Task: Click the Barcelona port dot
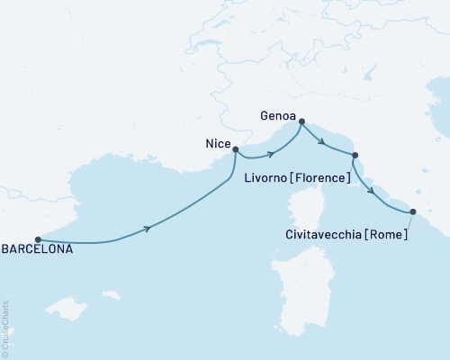pos(38,240)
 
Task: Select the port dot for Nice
pos(236,150)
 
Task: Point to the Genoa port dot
pos(301,121)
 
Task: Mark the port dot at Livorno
pos(355,156)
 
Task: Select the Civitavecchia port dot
pos(413,212)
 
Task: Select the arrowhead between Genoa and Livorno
pos(320,140)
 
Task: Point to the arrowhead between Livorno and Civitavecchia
pos(371,191)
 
